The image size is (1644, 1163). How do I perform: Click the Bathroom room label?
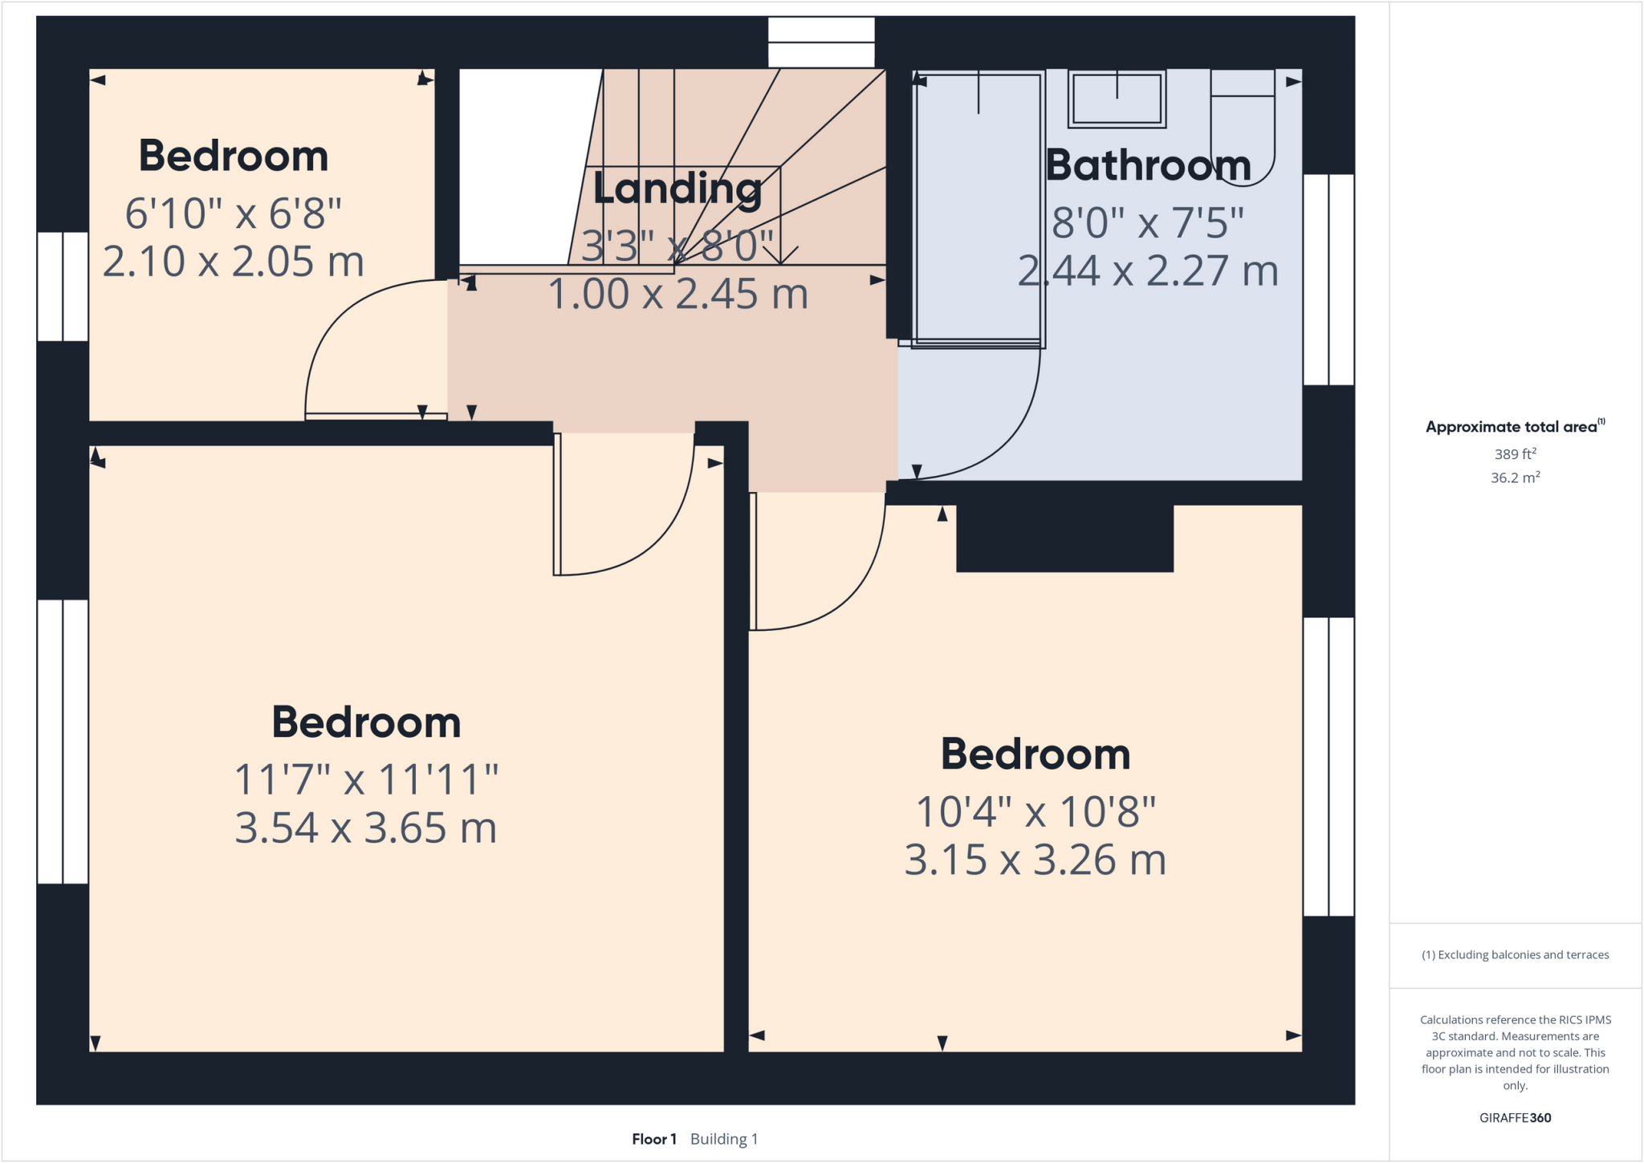pos(1148,165)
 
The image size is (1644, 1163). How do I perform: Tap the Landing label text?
pos(678,189)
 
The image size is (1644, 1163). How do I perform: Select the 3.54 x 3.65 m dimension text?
pos(365,828)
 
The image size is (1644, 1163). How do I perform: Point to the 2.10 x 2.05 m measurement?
pos(233,262)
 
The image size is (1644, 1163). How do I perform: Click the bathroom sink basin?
pos(1117,99)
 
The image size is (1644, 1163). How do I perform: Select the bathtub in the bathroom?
pos(978,209)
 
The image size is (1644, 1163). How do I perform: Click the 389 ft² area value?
pos(1515,454)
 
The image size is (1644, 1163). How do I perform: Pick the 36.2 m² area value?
pos(1515,478)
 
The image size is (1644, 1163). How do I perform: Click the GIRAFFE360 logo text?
pos(1515,1117)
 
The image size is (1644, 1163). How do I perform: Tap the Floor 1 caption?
pos(654,1139)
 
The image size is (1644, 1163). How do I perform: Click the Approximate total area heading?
pos(1514,427)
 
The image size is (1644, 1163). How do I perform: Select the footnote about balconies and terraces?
pos(1515,954)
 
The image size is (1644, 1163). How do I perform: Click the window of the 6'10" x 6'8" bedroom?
pos(63,287)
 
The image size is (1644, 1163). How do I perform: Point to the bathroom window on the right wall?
pos(1329,279)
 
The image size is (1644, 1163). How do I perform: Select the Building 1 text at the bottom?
pos(724,1139)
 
